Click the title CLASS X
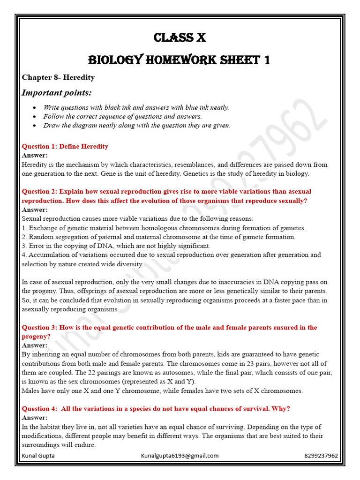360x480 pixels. point(180,37)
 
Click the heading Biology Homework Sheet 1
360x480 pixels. point(180,60)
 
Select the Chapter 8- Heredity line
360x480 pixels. point(58,77)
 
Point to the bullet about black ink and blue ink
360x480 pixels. point(136,107)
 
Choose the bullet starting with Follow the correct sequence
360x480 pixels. point(122,116)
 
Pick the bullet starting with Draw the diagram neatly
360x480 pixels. point(136,125)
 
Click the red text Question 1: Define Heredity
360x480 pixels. point(65,146)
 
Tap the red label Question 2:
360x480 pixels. point(39,191)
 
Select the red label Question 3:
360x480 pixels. point(39,327)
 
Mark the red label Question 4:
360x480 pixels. point(39,409)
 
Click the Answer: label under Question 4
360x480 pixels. point(35,417)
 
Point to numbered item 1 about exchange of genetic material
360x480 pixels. point(164,228)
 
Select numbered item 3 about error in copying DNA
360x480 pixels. point(116,246)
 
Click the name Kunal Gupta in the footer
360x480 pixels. point(38,456)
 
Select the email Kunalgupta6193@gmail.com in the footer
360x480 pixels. point(180,456)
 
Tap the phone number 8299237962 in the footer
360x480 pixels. point(321,456)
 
